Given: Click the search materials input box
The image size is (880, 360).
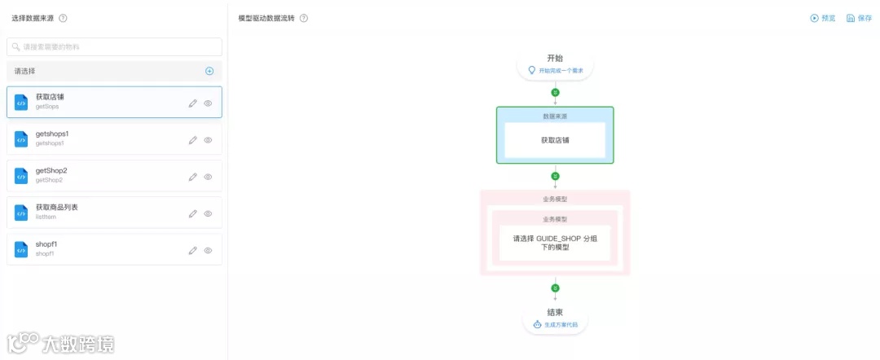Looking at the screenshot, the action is point(114,47).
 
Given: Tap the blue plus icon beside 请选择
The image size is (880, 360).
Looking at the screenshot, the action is point(209,71).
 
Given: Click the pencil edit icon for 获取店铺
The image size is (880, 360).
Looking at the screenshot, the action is point(193,103).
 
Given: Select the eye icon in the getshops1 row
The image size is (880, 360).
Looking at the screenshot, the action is point(208,140).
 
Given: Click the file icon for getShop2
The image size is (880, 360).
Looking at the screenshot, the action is point(21,176).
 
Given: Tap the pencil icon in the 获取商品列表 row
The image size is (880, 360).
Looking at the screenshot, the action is point(193,213).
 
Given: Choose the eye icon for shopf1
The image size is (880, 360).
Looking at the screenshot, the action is point(208,251).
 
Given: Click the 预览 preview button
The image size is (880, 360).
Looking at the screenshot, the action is point(822,18).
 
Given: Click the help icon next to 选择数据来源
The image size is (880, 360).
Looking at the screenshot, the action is point(63,18).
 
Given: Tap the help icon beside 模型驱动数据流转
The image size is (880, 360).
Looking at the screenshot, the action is point(304,18).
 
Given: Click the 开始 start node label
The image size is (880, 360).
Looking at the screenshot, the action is point(555,59).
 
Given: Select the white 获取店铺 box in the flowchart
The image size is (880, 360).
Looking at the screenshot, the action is point(555,140).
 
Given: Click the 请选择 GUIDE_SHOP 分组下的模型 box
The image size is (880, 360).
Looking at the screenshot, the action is point(555,243).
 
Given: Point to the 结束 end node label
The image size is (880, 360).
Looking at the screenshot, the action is point(555,312).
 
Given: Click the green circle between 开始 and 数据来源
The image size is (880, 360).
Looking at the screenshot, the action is point(555,92).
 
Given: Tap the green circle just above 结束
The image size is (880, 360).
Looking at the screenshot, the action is point(555,288).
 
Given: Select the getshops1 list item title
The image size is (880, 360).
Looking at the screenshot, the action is point(52,134).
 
